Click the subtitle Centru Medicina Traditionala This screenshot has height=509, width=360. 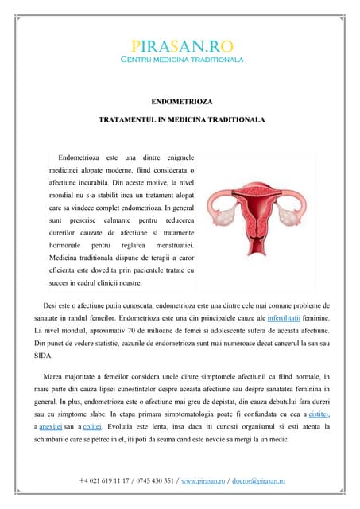[182, 60]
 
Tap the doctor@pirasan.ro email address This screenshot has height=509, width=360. [259, 481]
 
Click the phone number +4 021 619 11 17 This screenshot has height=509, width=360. [108, 481]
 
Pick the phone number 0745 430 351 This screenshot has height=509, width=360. [158, 481]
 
